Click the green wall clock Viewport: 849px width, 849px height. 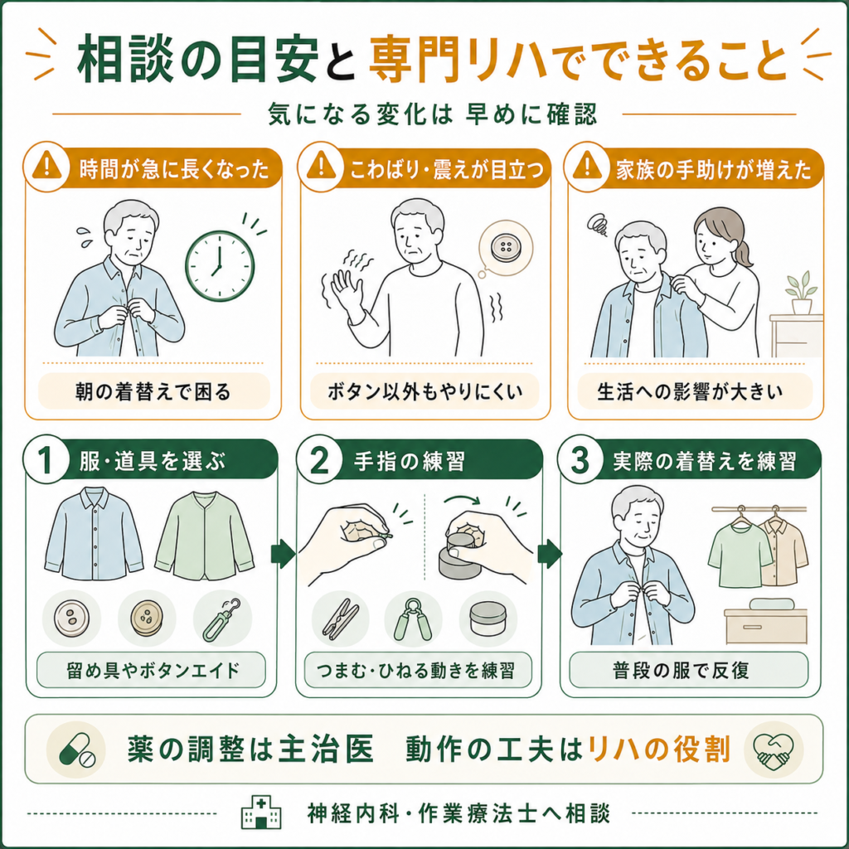click(x=220, y=266)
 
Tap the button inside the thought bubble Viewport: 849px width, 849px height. click(x=506, y=247)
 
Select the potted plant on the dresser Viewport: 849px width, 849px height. click(x=801, y=293)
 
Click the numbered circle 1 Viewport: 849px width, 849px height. click(x=46, y=461)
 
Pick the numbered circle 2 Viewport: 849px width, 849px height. click(x=319, y=461)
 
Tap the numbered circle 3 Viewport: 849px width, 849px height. click(x=580, y=461)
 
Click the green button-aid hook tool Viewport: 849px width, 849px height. click(x=222, y=619)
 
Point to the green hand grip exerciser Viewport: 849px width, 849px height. click(x=413, y=619)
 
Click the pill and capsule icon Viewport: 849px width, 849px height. click(x=75, y=750)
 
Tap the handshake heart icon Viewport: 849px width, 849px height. click(x=774, y=750)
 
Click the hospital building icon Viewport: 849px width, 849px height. click(x=261, y=813)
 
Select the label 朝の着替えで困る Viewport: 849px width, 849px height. click(x=153, y=391)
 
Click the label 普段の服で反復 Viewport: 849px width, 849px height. click(x=682, y=670)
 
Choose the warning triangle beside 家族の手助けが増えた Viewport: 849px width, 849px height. click(x=588, y=165)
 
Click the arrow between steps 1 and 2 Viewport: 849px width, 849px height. click(x=283, y=554)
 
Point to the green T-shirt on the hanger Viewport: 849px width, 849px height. click(x=740, y=553)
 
